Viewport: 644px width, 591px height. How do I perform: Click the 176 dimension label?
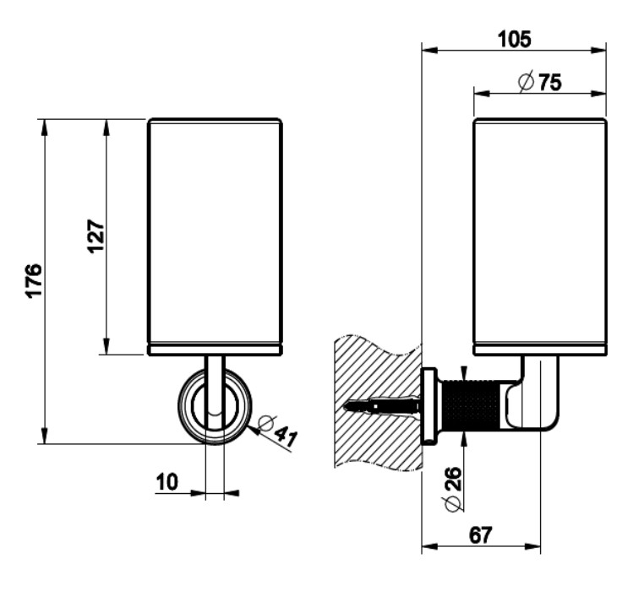tap(33, 282)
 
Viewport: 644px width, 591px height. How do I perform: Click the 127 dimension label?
tap(95, 236)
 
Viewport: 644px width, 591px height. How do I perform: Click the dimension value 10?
tap(167, 482)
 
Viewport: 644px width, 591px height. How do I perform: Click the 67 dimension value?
tap(478, 534)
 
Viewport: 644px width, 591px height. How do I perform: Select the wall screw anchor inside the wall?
tap(385, 407)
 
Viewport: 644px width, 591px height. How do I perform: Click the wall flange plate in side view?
tap(428, 406)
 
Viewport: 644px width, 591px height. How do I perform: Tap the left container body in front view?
tap(215, 232)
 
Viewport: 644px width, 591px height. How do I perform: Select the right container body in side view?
tap(539, 232)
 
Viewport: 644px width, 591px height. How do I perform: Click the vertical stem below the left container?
tap(215, 380)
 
